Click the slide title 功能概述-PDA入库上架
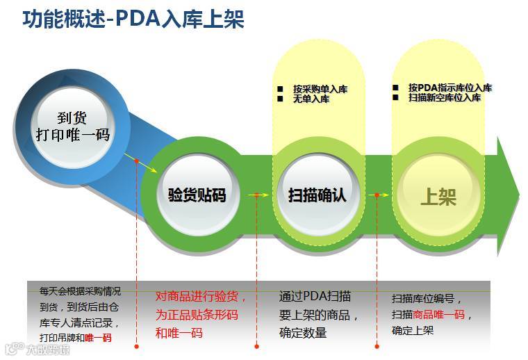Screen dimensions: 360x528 [x=133, y=19]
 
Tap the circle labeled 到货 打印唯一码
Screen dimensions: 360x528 [x=73, y=126]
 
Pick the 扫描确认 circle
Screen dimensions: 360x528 [x=317, y=194]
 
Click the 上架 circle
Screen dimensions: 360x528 [x=438, y=196]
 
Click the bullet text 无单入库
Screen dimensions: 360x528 [x=311, y=99]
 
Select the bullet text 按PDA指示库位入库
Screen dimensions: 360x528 [x=449, y=88]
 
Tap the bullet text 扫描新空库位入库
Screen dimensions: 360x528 [x=444, y=97]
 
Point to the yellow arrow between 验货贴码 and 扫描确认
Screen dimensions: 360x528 [x=258, y=195]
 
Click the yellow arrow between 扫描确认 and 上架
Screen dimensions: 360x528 [x=377, y=195]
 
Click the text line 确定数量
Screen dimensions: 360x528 [x=303, y=333]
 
